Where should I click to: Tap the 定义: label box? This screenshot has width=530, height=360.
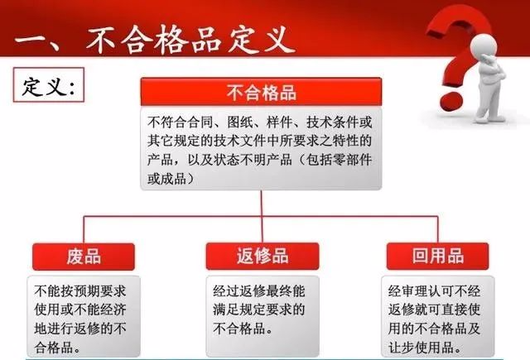(49, 84)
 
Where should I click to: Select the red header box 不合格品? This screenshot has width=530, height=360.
(262, 92)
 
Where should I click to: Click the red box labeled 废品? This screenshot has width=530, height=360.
(84, 257)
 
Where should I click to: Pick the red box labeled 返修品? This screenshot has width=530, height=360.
(263, 256)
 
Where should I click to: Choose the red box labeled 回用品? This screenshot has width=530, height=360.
(438, 256)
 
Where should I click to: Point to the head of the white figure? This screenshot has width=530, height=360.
(484, 46)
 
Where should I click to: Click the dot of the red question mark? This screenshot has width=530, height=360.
(451, 100)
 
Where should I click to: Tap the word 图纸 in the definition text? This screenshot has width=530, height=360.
(240, 122)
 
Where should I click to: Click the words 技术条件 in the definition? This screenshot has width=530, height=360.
(333, 122)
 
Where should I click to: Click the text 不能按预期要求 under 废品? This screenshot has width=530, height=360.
(80, 291)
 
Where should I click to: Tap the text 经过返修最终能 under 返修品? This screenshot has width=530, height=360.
(259, 291)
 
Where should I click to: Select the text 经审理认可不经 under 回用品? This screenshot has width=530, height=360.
(434, 291)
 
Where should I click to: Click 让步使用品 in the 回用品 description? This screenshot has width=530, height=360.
(422, 347)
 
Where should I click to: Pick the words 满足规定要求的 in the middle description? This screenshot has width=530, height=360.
(259, 310)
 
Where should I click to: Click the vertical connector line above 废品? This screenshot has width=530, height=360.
(84, 229)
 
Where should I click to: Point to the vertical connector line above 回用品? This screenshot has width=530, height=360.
(438, 229)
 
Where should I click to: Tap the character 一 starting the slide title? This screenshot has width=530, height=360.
(31, 41)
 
